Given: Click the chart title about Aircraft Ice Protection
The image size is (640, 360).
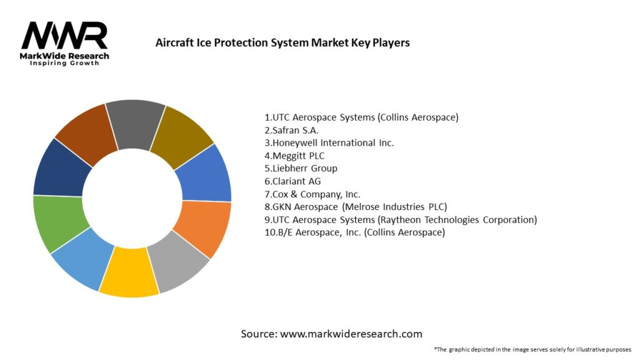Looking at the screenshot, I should click(282, 43).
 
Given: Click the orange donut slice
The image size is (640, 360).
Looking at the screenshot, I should click(204, 227).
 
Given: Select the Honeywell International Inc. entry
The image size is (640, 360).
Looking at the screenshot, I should click(329, 142).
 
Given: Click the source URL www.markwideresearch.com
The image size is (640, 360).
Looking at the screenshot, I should click(351, 334).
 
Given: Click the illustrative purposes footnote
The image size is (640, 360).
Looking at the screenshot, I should click(532, 349).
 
